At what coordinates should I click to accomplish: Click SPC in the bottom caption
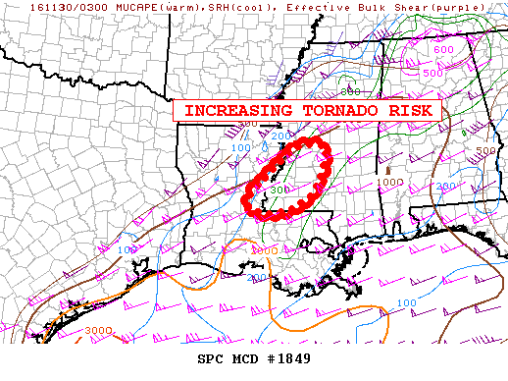[211, 357]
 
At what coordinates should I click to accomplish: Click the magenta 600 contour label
[443, 49]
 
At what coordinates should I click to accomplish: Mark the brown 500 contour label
[485, 151]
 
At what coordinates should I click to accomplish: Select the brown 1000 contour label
[390, 182]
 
